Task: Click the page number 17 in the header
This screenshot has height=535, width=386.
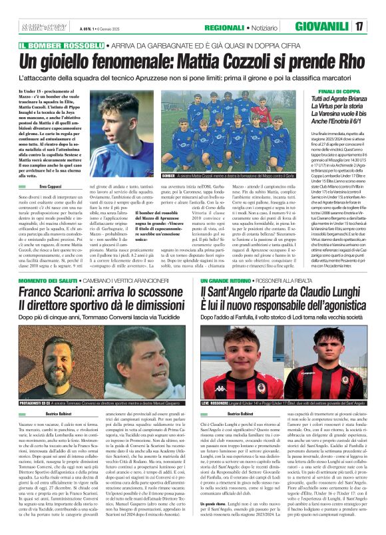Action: [x=377, y=27]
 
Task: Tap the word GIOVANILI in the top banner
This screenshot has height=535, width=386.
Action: [x=338, y=27]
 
